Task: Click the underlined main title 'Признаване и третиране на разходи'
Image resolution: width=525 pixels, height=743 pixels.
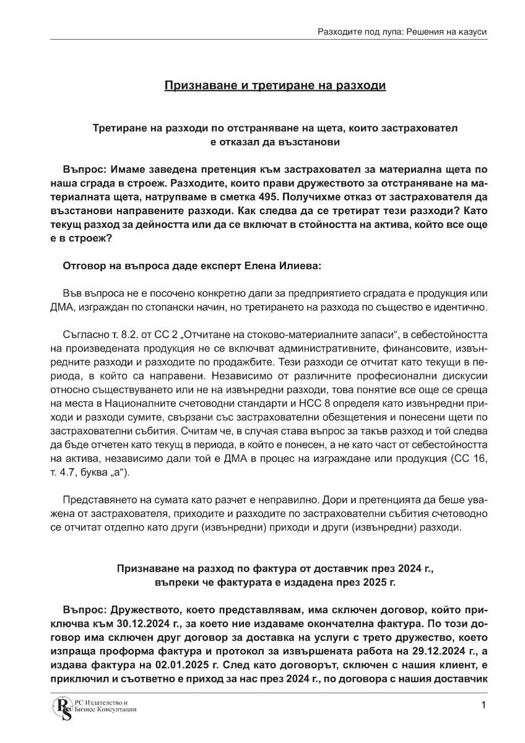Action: [x=275, y=85]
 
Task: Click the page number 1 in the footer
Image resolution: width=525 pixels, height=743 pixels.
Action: [x=484, y=705]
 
